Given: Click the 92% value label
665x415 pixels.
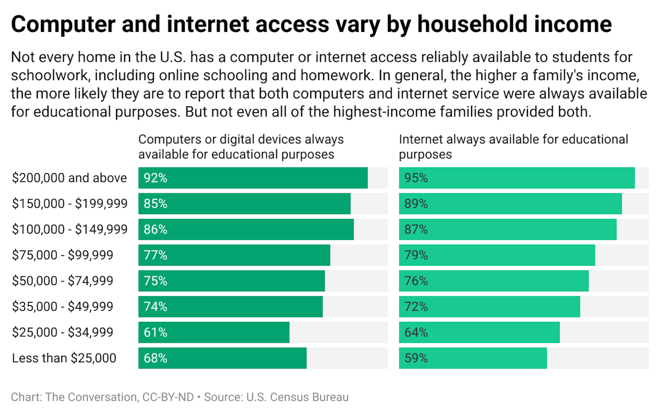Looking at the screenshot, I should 155,178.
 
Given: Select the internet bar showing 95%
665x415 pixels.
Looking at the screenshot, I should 517,178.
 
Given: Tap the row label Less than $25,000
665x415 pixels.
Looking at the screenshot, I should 64,358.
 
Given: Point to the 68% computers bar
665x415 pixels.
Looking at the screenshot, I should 222,358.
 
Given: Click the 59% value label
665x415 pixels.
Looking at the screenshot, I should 416,358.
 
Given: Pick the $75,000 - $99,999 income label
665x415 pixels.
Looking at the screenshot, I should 63,255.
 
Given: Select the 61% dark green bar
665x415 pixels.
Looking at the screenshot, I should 214,333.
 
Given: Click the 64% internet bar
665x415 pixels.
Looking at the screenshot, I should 479,333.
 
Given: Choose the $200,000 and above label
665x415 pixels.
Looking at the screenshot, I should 69,178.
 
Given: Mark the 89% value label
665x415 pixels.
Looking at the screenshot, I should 416,204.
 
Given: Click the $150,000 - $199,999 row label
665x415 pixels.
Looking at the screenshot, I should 70,204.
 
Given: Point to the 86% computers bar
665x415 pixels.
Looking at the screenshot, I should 246,230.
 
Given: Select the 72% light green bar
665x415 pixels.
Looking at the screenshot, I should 489,307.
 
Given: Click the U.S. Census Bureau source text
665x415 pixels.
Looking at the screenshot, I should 297,397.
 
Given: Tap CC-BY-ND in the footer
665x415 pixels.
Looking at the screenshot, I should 168,397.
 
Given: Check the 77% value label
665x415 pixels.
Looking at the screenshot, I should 155,255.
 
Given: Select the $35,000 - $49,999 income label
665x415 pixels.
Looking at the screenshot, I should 63,307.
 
